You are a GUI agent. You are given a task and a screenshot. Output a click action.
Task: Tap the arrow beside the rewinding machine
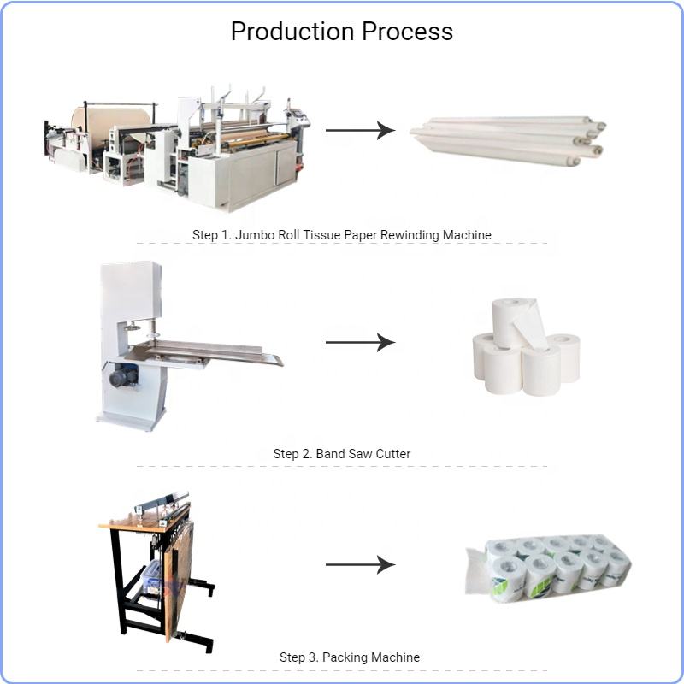(x=359, y=131)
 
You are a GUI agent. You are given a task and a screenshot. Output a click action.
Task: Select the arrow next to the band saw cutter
(x=359, y=343)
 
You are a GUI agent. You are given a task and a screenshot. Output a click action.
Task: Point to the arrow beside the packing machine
(x=359, y=564)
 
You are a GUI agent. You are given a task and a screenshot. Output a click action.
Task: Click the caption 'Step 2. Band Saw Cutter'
(x=342, y=453)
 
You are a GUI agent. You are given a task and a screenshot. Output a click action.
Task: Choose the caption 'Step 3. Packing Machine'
(x=350, y=657)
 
